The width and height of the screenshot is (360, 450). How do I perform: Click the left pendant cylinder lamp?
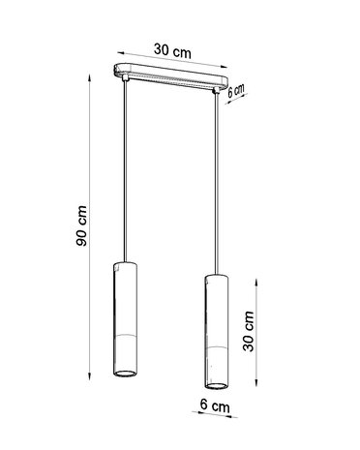pyautogui.click(x=124, y=320)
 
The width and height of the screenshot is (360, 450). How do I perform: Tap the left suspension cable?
pyautogui.click(x=124, y=174)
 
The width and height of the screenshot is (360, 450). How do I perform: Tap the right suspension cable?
pyautogui.click(x=215, y=184)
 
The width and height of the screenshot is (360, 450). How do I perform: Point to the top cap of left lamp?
pyautogui.click(x=124, y=263)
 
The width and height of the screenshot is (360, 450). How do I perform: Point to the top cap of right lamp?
pyautogui.click(x=216, y=278)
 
